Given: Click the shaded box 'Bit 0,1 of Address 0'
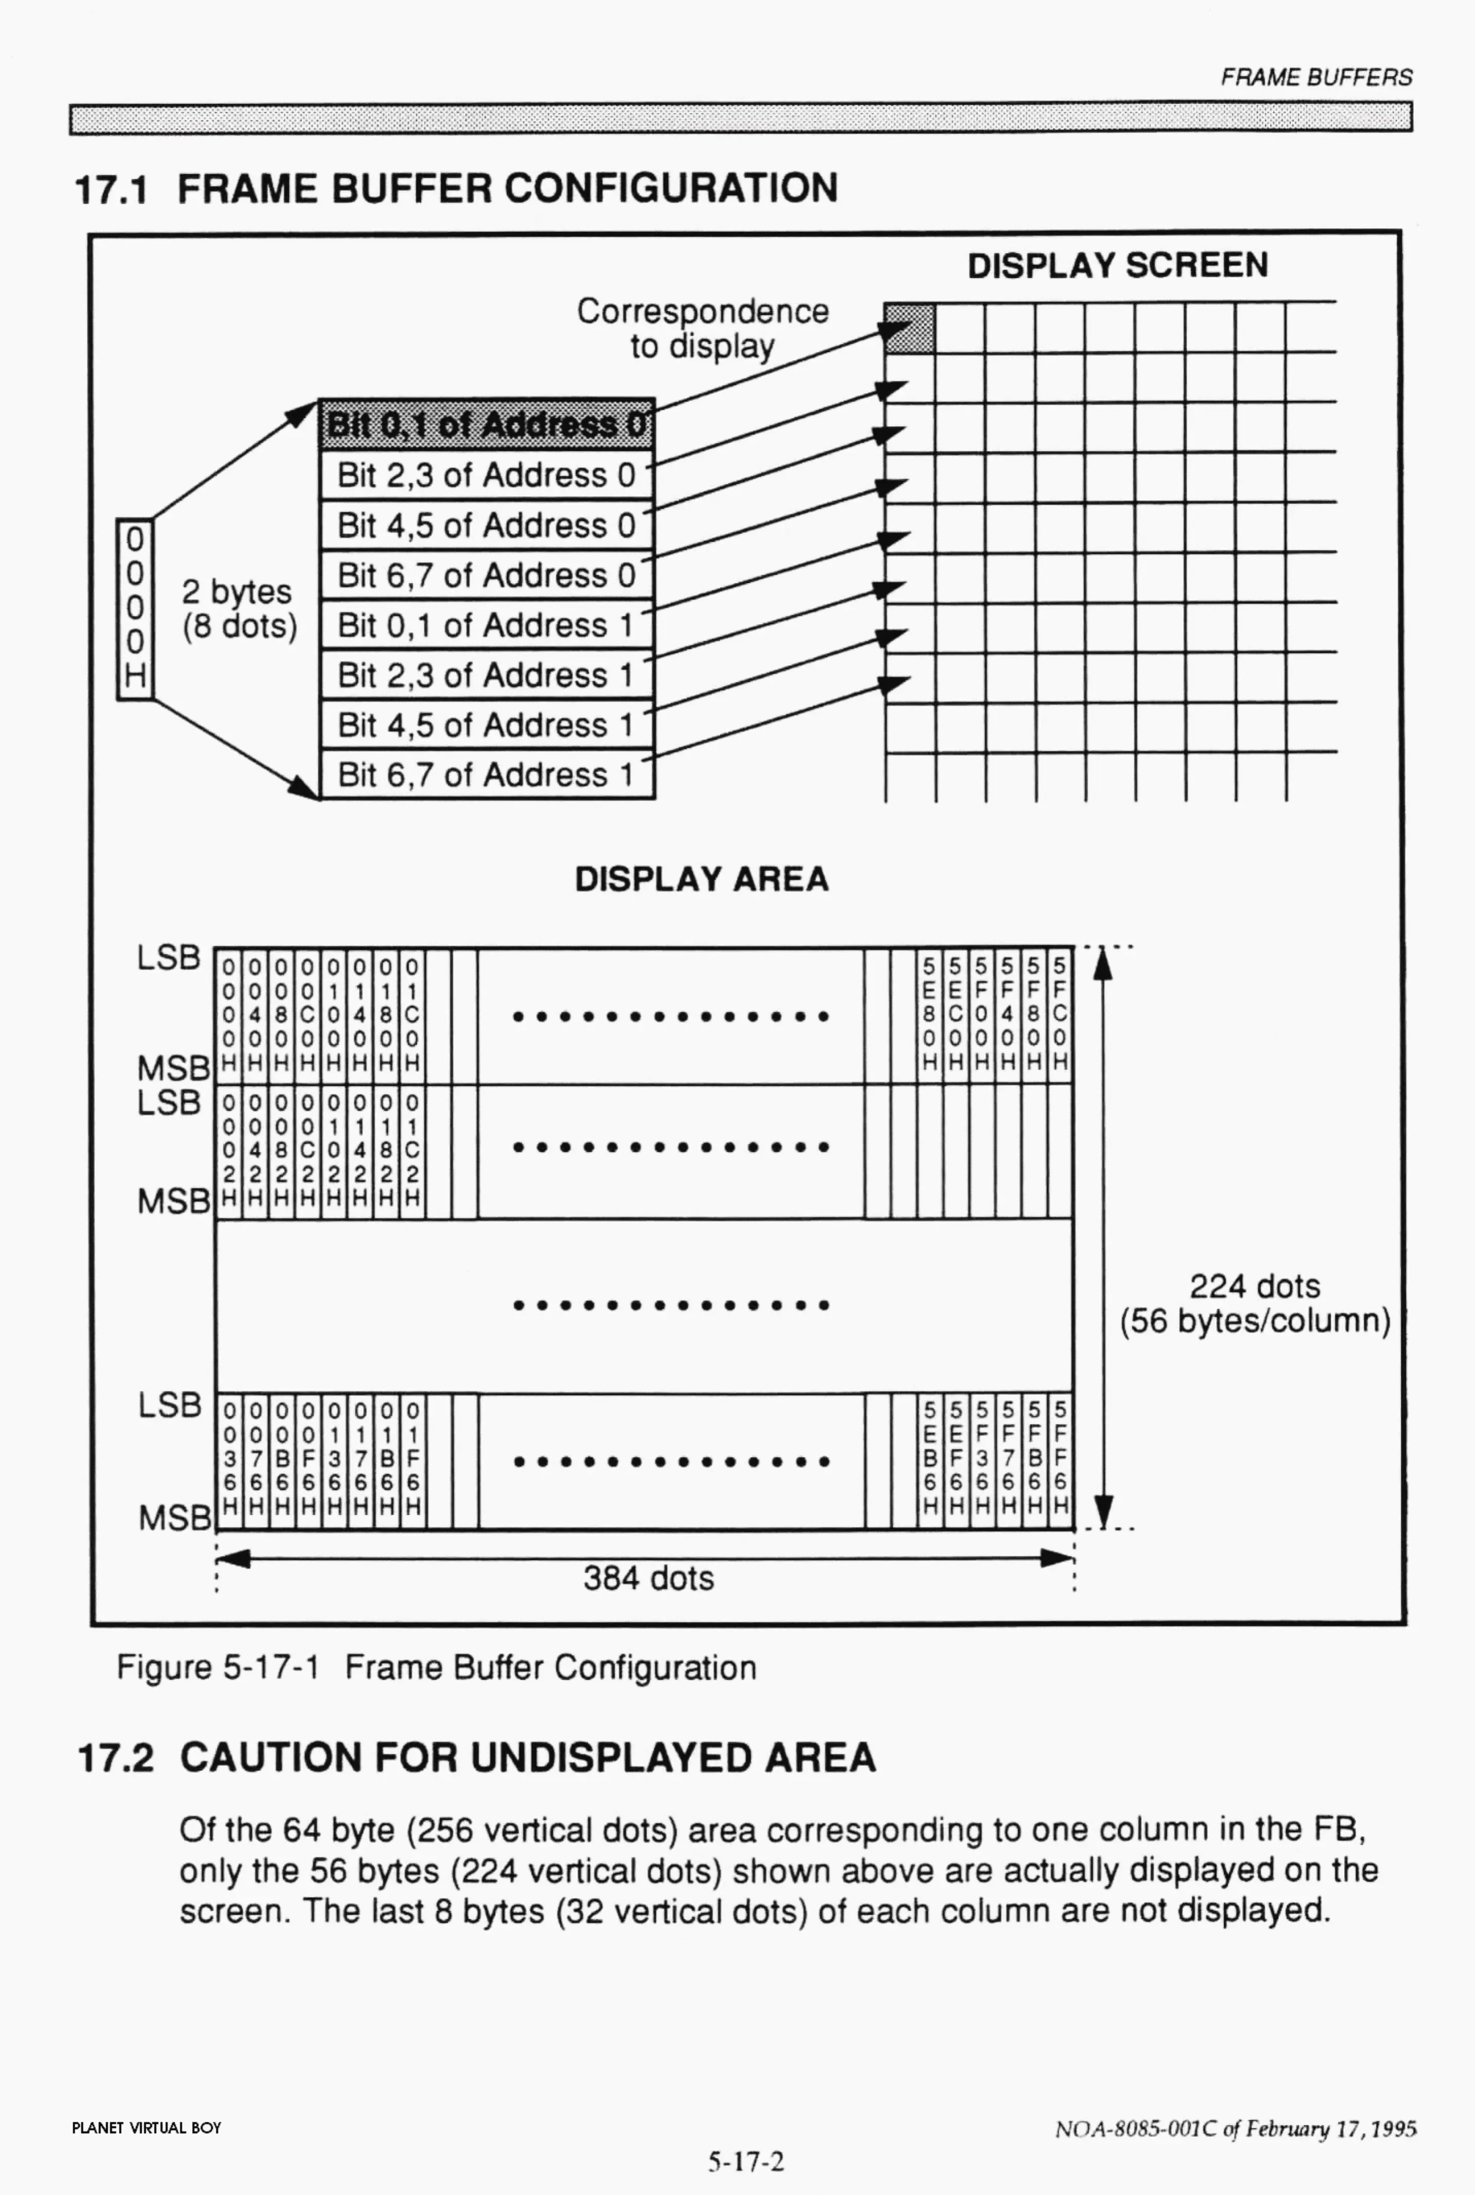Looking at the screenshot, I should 486,425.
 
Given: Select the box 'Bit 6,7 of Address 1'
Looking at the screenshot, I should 486,774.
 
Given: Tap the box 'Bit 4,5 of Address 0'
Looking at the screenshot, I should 486,525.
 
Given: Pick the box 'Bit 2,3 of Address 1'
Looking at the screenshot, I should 486,674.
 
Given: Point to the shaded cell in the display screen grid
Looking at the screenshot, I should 908,328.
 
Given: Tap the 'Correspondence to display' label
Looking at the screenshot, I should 702,328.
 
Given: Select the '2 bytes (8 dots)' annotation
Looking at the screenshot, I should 239,608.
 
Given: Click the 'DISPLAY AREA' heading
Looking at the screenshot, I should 702,879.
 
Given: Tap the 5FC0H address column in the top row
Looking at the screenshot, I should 1060,1014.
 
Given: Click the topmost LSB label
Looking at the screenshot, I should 169,957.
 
